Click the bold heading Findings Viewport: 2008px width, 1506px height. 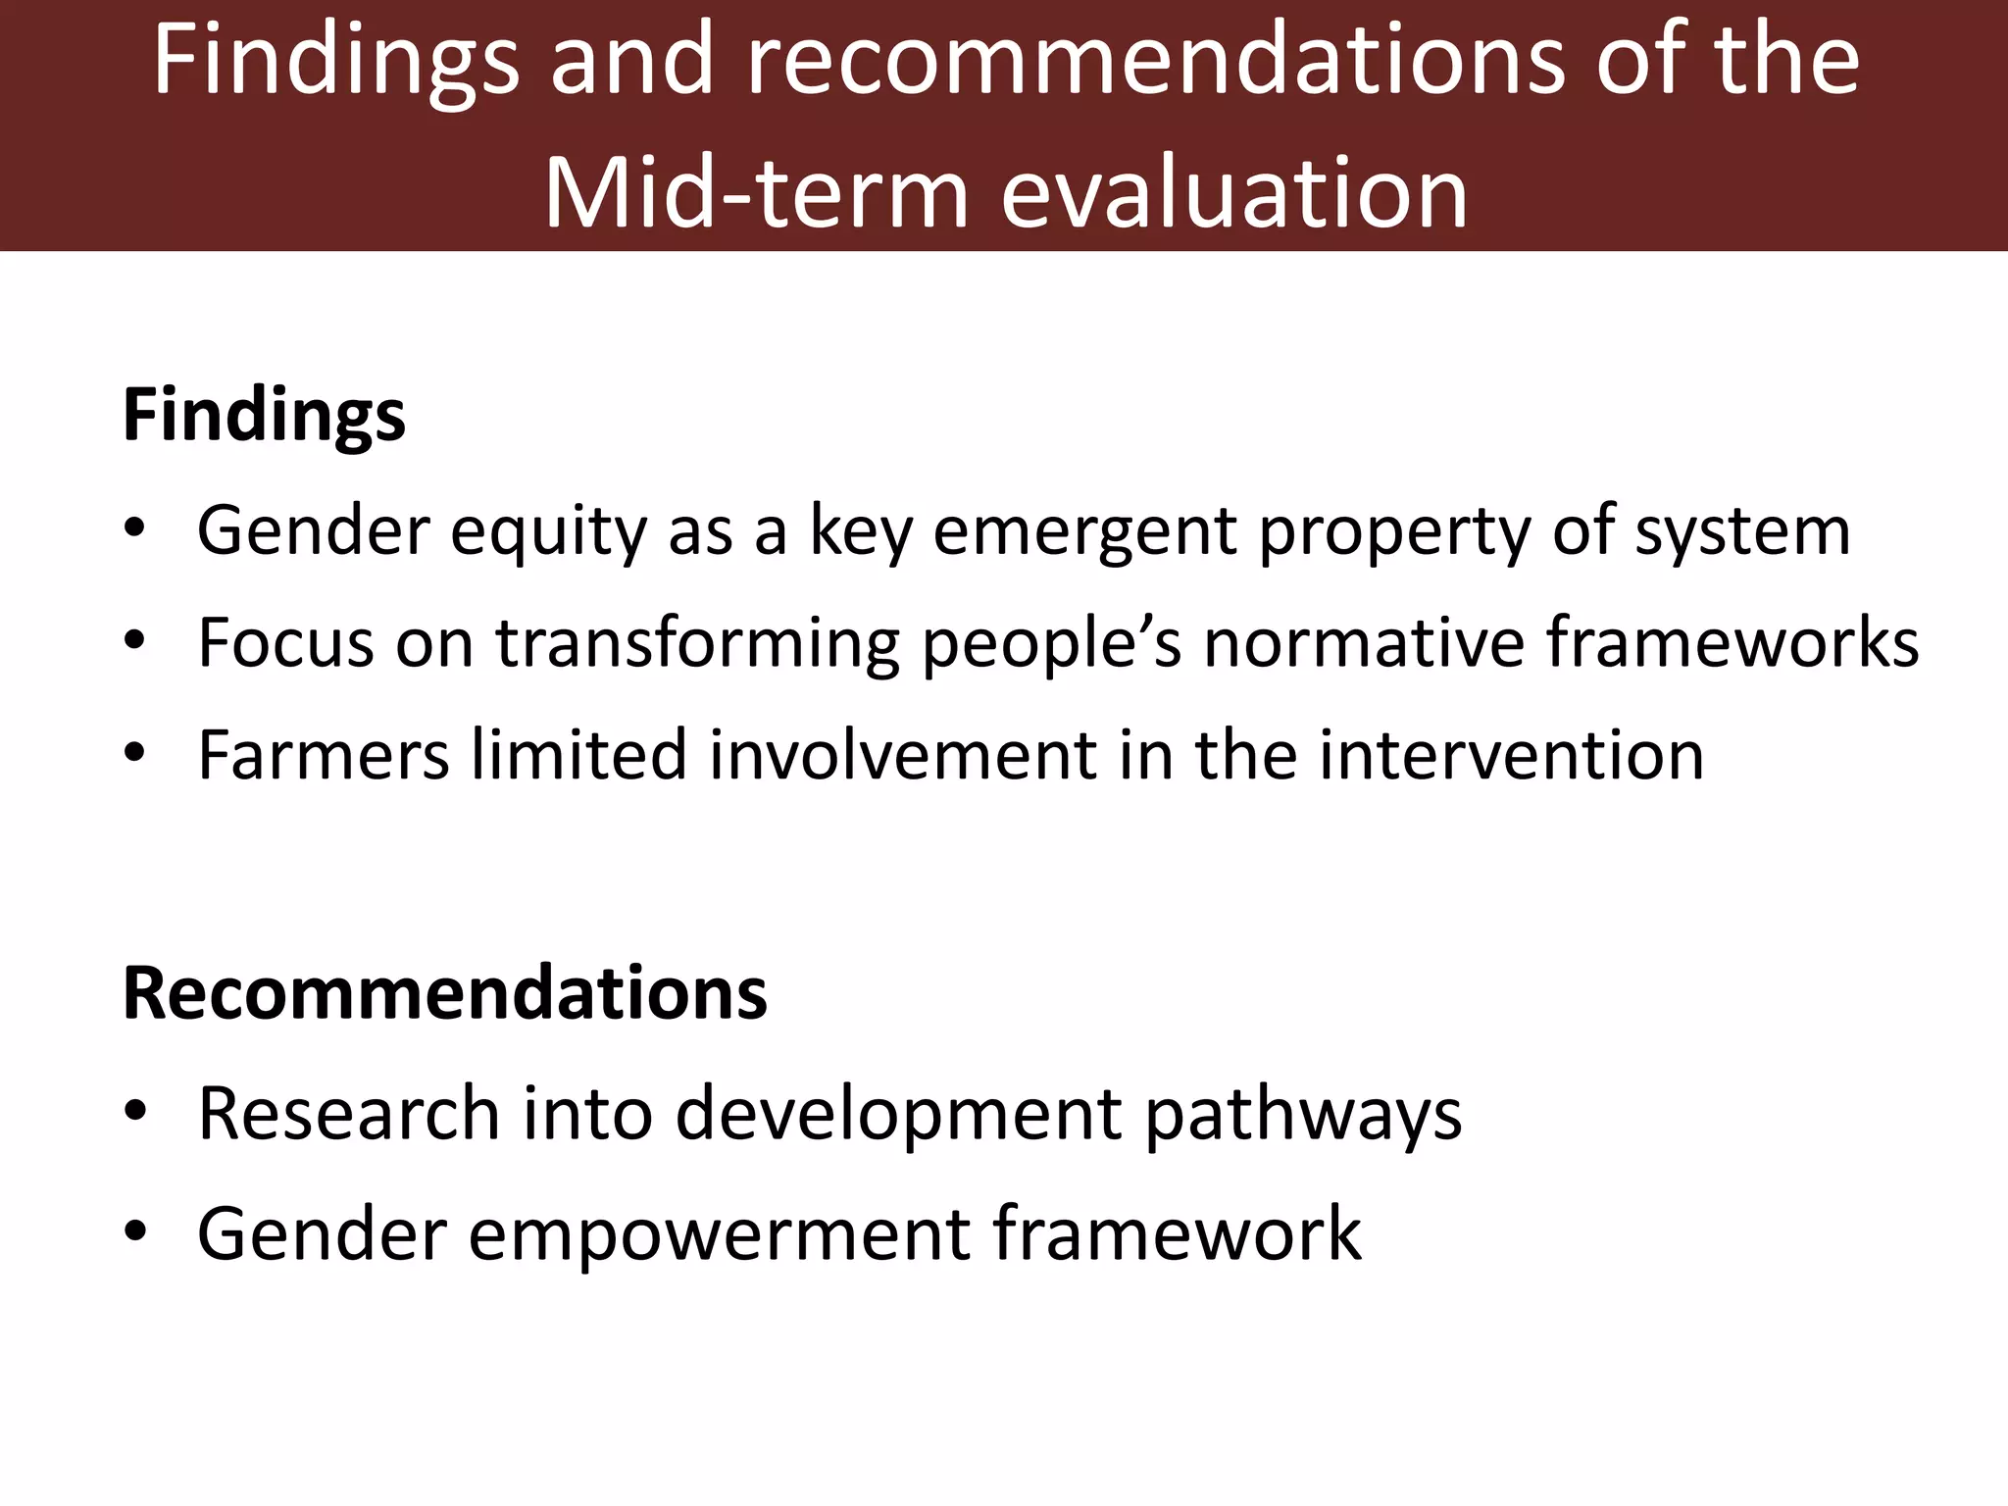[x=263, y=416]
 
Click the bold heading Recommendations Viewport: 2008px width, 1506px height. [x=444, y=993]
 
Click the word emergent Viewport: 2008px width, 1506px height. [x=1084, y=531]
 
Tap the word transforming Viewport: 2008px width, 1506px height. [x=696, y=644]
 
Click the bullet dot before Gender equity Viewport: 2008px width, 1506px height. [x=135, y=530]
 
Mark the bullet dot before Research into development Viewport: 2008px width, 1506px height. [x=135, y=1113]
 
